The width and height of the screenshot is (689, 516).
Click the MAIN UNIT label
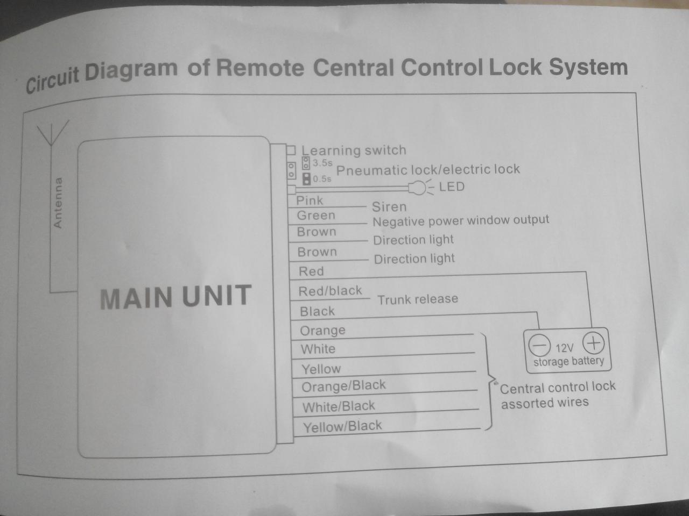(175, 297)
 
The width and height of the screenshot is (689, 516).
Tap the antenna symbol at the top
(52, 133)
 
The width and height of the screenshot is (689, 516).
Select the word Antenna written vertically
(58, 203)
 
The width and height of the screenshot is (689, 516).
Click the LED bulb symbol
(418, 188)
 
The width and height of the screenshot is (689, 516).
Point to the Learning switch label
(353, 150)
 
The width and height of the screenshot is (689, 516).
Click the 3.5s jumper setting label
(322, 163)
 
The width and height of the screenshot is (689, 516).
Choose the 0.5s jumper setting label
(322, 179)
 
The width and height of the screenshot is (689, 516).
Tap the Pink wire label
(310, 200)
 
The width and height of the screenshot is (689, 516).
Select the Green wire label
(316, 216)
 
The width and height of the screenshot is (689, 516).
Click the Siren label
(389, 207)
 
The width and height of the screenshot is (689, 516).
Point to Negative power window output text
(461, 220)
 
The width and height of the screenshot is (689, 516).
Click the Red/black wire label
(330, 291)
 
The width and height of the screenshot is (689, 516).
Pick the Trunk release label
(418, 299)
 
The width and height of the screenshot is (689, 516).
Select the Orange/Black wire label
(343, 386)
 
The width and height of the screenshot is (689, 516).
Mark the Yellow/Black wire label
(342, 427)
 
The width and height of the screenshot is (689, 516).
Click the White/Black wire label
(339, 406)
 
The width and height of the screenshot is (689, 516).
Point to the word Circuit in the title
(53, 80)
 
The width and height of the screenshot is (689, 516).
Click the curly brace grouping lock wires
(488, 382)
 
